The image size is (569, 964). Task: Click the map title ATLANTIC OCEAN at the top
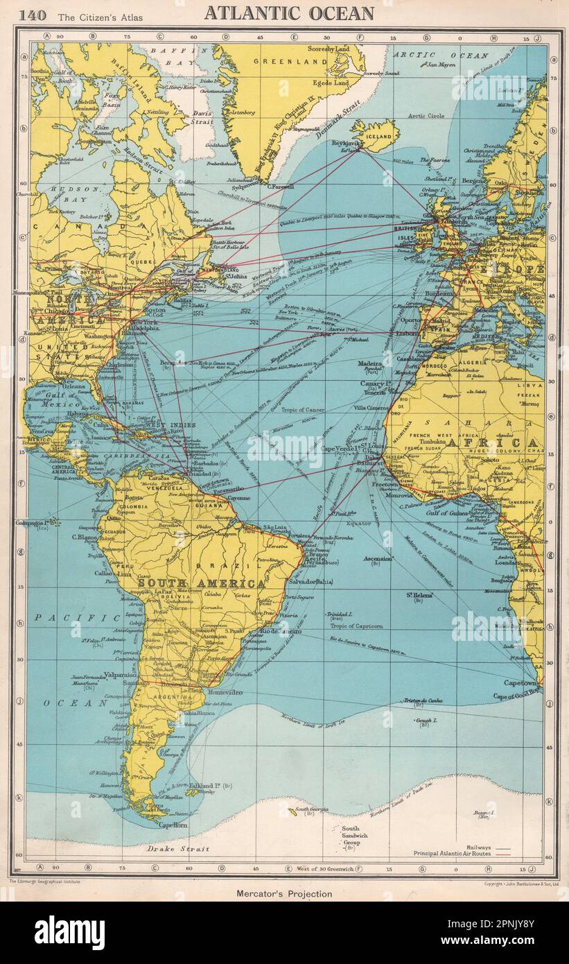tap(289, 12)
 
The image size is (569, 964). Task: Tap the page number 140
tap(33, 14)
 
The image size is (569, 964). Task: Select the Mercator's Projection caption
tap(285, 893)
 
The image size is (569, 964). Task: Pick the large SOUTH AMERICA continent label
tap(201, 583)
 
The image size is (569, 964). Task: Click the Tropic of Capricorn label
tap(356, 626)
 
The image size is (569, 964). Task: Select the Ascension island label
tap(378, 558)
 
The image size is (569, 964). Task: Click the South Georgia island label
tap(310, 809)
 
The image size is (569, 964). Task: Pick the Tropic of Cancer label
tap(304, 410)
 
